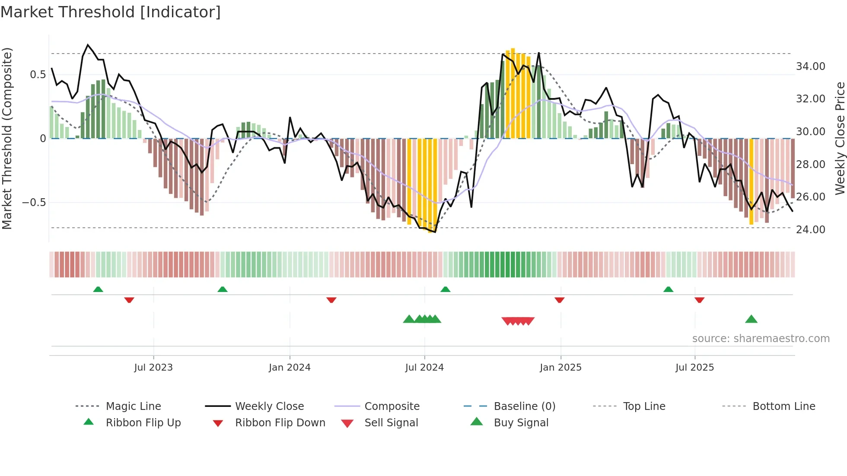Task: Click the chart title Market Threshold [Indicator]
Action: click(x=111, y=12)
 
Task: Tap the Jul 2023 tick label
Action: click(x=153, y=368)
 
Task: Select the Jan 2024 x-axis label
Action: click(x=290, y=368)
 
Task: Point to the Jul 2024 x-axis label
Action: click(x=424, y=368)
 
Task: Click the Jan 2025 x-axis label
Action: click(x=560, y=368)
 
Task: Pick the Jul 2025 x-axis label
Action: click(x=694, y=368)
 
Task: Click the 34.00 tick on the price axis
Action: click(x=810, y=67)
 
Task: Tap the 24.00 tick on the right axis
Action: click(x=810, y=230)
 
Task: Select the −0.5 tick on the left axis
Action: click(x=34, y=203)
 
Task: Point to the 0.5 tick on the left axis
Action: click(x=38, y=75)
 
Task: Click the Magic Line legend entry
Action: click(x=133, y=406)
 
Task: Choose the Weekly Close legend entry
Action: click(x=269, y=406)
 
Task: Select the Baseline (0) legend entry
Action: click(x=524, y=406)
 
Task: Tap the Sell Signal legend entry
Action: click(x=391, y=423)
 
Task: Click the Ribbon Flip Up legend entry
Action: click(x=143, y=423)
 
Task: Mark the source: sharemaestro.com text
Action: click(x=761, y=339)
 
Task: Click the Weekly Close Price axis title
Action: click(x=840, y=138)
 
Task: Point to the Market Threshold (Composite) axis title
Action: click(x=7, y=138)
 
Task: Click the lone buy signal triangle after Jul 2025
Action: click(x=751, y=319)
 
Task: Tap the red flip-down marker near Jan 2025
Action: click(x=559, y=300)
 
